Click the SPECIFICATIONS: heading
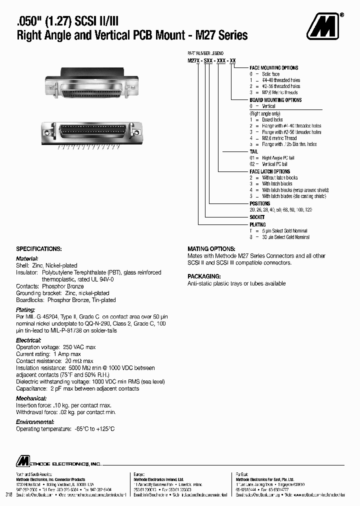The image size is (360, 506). pos(39,248)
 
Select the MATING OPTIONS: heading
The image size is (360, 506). pos(211,248)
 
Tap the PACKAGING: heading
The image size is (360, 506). pos(204,276)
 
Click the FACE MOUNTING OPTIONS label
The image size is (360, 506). pos(273,68)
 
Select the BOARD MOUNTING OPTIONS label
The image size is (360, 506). pos(275,100)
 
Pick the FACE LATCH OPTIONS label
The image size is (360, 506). pos(269,171)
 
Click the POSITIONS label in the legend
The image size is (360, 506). pos(259,203)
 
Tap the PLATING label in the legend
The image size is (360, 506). pos(257,225)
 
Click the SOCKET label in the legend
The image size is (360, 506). pos(257,217)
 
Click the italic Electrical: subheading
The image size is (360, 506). pos(28,340)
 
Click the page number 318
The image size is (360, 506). pos(8,494)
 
